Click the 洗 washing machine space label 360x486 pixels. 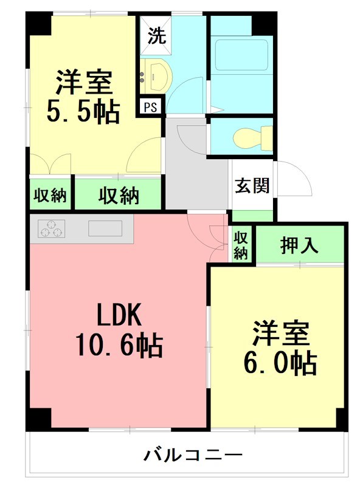pyautogui.click(x=157, y=35)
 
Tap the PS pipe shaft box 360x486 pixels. pyautogui.click(x=151, y=107)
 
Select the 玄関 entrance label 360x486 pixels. pyautogui.click(x=252, y=186)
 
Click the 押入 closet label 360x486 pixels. pyautogui.click(x=299, y=245)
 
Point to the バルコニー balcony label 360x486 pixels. pyautogui.click(x=192, y=455)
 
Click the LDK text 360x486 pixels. pyautogui.click(x=119, y=315)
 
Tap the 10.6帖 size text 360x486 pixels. pyautogui.click(x=119, y=345)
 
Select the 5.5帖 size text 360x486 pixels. pyautogui.click(x=83, y=111)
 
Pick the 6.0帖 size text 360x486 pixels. pyautogui.click(x=280, y=362)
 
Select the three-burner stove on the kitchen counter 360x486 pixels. pyautogui.click(x=52, y=228)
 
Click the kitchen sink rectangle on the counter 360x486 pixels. pyautogui.click(x=105, y=228)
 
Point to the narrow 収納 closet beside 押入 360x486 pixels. pyautogui.click(x=241, y=245)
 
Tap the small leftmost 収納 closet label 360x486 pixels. pyautogui.click(x=50, y=195)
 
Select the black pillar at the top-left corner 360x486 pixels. pyautogui.click(x=38, y=23)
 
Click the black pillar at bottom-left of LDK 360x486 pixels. pyautogui.click(x=38, y=419)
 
